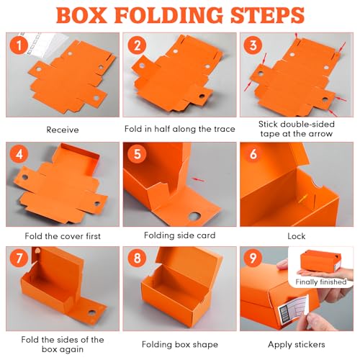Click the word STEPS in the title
268,15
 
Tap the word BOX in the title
81,15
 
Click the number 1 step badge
19,45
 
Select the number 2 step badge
137,45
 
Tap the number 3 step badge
253,45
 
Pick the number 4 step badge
19,154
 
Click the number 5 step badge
137,154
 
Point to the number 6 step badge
253,154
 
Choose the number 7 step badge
19,258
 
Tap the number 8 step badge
137,258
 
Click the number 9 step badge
253,258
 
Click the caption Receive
63,130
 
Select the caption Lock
297,236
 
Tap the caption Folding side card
180,235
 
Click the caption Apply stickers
297,345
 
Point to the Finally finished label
321,282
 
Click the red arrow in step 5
199,179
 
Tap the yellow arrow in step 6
303,199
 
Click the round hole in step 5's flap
194,216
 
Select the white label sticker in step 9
293,310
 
